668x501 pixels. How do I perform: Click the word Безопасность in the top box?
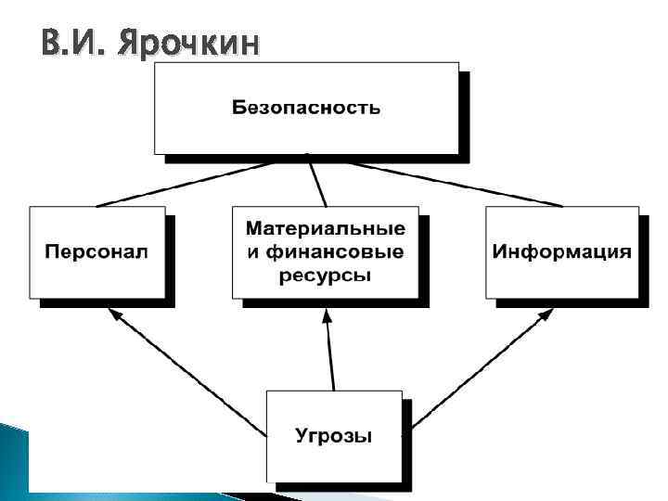[x=305, y=108]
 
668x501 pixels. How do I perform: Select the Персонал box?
[x=96, y=251]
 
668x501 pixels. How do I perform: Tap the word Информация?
[x=561, y=251]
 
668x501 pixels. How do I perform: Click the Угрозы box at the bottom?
[x=333, y=435]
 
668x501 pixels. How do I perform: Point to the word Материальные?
[x=325, y=228]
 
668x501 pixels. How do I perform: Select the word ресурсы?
[x=325, y=275]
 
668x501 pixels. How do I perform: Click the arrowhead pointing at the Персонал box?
[x=115, y=315]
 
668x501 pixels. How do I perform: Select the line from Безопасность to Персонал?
[x=186, y=184]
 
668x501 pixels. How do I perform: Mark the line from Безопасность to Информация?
[x=455, y=184]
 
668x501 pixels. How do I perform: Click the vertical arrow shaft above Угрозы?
[x=330, y=357]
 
